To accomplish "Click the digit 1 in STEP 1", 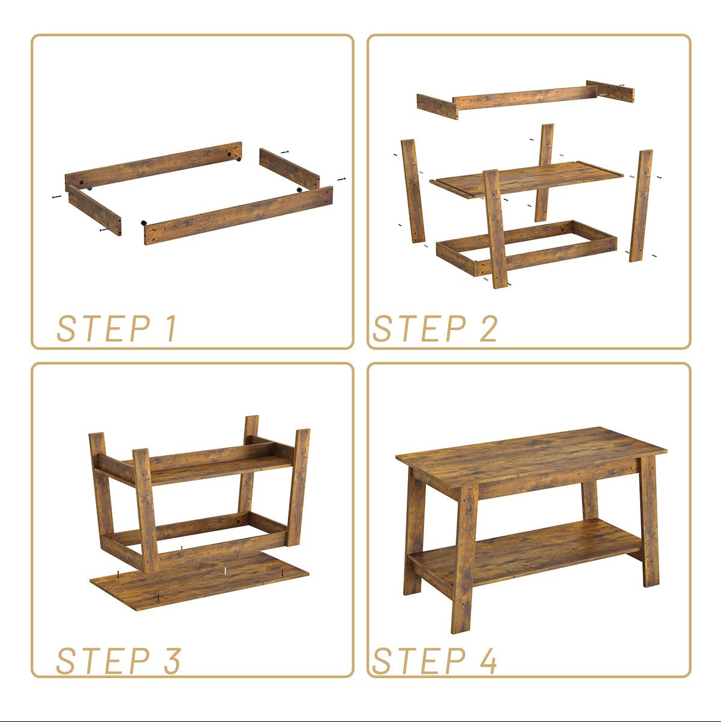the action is click(x=171, y=328).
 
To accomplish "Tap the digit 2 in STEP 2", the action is click(x=488, y=328).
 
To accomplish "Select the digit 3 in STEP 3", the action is click(x=172, y=661).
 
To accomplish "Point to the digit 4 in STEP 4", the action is click(x=488, y=661).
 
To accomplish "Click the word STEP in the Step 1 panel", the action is click(x=103, y=328).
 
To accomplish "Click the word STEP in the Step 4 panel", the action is click(x=419, y=661).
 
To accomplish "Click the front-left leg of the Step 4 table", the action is click(x=464, y=558).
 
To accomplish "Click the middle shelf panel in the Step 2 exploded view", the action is click(x=526, y=179).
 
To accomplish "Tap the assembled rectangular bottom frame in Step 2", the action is click(x=526, y=248).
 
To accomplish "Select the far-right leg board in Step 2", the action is click(x=641, y=206).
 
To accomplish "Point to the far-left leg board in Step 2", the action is click(x=413, y=191).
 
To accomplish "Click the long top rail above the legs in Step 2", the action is click(x=525, y=97).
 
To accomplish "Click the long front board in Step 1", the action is click(x=238, y=216).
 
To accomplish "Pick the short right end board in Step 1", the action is click(x=290, y=168).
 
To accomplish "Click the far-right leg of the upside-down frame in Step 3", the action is click(x=298, y=487).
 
